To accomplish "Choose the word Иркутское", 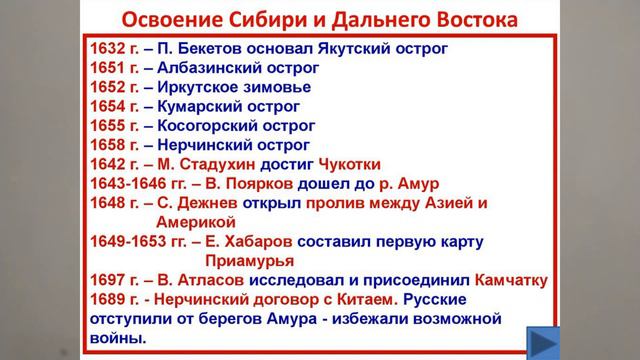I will pyautogui.click(x=211, y=88).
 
